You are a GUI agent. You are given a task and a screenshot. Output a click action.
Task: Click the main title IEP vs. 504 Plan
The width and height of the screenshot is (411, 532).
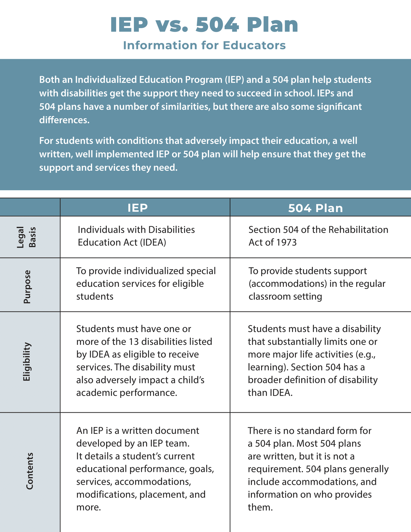(x=204, y=25)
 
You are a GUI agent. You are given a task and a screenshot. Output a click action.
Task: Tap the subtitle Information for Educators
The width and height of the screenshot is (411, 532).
(x=204, y=46)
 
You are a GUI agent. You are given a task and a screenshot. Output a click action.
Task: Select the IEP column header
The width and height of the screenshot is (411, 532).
(x=137, y=208)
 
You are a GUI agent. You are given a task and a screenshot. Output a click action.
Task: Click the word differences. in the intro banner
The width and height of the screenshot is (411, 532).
(x=64, y=120)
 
